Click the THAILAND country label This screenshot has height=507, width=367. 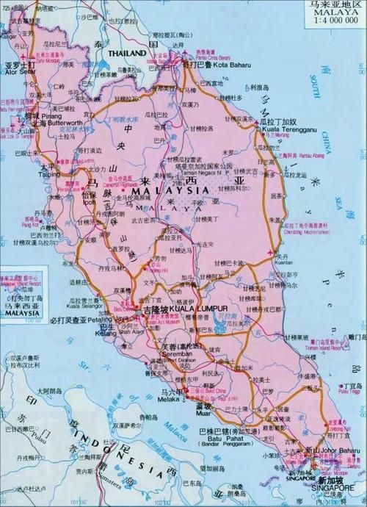click(128, 54)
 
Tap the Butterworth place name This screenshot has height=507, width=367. click(64, 124)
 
